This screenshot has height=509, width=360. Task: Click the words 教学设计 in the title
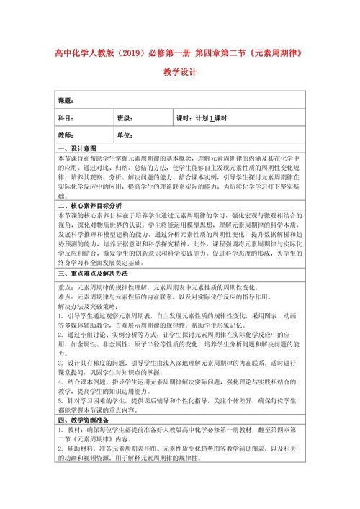[x=179, y=73]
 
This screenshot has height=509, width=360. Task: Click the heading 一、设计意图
[x=76, y=149]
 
